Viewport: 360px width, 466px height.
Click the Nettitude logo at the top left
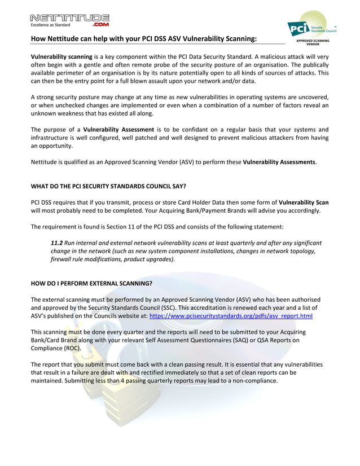pyautogui.click(x=70, y=19)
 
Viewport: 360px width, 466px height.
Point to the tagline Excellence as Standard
pyautogui.click(x=51, y=25)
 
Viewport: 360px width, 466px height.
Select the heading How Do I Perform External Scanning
pyautogui.click(x=91, y=283)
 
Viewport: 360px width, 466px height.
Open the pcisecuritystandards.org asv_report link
pyautogui.click(x=230, y=316)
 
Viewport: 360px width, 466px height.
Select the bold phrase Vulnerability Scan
pyautogui.click(x=304, y=202)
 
